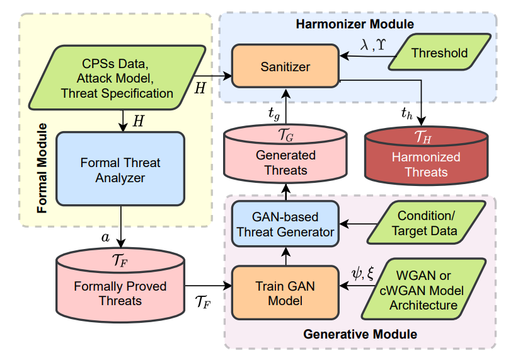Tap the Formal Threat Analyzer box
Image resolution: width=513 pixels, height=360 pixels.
120,169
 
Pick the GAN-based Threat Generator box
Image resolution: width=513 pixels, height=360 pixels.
285,224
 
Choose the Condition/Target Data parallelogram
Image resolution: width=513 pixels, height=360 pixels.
427,223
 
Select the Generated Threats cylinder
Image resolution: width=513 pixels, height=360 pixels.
285,154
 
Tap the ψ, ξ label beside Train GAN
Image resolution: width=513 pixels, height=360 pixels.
362,273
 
